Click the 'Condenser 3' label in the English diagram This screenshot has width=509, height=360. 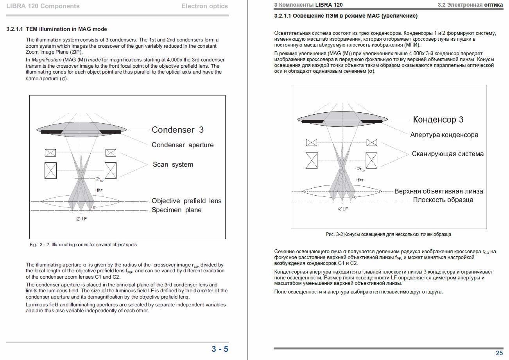click(177, 130)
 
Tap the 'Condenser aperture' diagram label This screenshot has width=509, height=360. click(183, 145)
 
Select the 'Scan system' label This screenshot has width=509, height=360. click(173, 164)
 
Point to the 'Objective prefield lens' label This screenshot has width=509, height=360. click(186, 201)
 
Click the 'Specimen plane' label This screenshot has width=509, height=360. click(177, 210)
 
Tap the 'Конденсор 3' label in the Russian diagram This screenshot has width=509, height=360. click(438, 120)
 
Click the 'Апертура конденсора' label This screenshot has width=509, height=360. click(444, 135)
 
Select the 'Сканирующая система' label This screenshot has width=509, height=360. click(448, 154)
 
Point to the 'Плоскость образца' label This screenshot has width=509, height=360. click(443, 200)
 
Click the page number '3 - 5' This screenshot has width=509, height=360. click(220, 349)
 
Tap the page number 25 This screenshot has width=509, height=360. click(499, 353)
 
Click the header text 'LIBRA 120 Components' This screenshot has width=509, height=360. click(43, 6)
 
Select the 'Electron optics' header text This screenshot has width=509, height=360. click(204, 6)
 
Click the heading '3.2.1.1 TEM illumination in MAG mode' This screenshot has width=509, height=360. click(57, 29)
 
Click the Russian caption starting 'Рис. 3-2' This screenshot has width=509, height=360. click(388, 234)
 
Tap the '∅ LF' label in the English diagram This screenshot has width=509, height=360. click(81, 219)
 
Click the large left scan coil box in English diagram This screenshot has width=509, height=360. click(50, 170)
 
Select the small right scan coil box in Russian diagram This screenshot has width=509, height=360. click(371, 142)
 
